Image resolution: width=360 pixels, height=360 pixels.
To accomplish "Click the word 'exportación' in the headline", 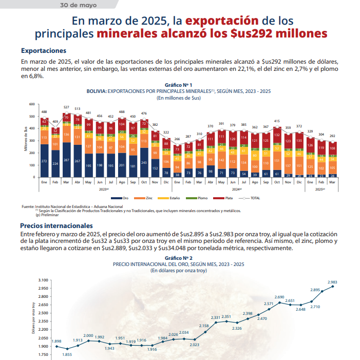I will (221, 21).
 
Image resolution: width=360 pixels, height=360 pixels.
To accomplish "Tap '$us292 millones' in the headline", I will (278, 34).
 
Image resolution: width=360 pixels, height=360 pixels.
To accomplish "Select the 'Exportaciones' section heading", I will (44, 51).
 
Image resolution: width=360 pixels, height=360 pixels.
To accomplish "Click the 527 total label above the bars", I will (66, 107).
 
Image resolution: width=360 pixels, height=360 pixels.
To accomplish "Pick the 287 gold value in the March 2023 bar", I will (66, 160).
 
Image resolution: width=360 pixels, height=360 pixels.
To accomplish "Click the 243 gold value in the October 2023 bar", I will (144, 162).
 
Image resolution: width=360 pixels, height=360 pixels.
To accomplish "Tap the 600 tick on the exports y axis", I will (32, 104).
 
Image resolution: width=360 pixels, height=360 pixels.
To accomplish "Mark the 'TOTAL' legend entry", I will (252, 198).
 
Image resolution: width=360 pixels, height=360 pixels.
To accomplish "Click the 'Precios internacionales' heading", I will (56, 225).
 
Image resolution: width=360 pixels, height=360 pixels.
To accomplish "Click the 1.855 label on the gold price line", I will (67, 355).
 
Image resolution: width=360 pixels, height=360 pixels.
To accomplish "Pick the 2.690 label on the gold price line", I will (279, 297).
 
